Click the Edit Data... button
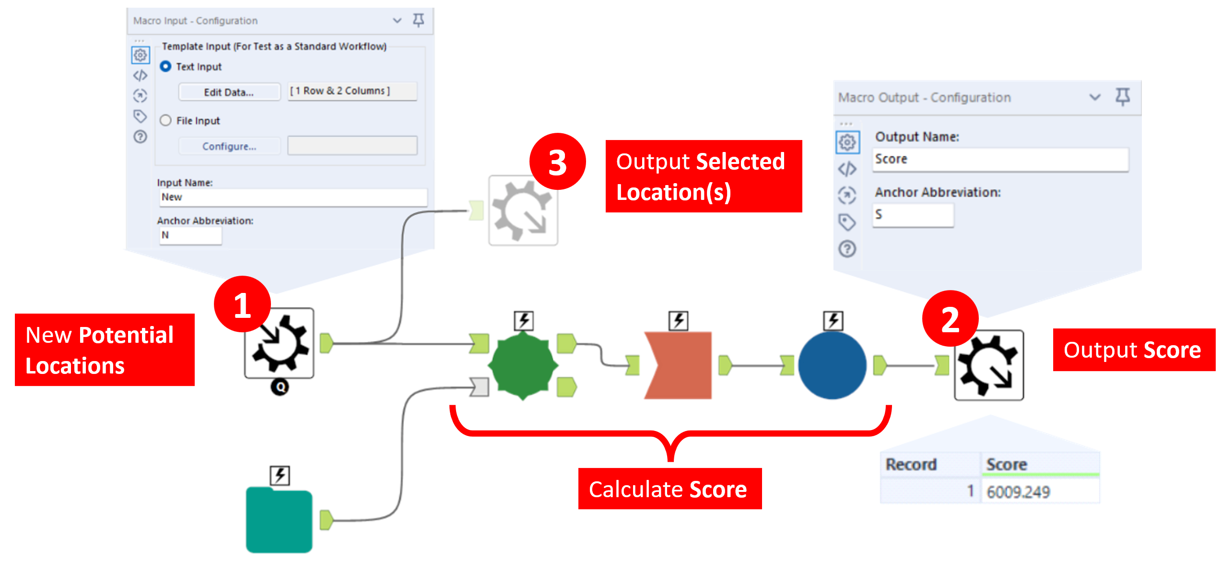pos(229,92)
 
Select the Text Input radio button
pos(165,67)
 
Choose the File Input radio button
pos(165,120)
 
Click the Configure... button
pos(229,146)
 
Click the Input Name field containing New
pos(293,197)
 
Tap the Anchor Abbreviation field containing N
pos(190,235)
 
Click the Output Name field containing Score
pos(1000,159)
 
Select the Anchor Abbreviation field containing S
pos(912,215)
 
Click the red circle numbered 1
pos(242,304)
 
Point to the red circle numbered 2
pos(950,319)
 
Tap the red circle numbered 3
pos(557,162)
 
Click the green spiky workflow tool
pos(523,365)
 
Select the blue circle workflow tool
pos(832,365)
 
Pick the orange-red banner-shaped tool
pos(678,365)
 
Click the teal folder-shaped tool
pos(279,520)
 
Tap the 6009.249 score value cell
pos(1038,492)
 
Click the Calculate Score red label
pos(669,489)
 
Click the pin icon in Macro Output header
pos(1122,97)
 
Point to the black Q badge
pos(280,386)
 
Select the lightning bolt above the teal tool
pos(280,476)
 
